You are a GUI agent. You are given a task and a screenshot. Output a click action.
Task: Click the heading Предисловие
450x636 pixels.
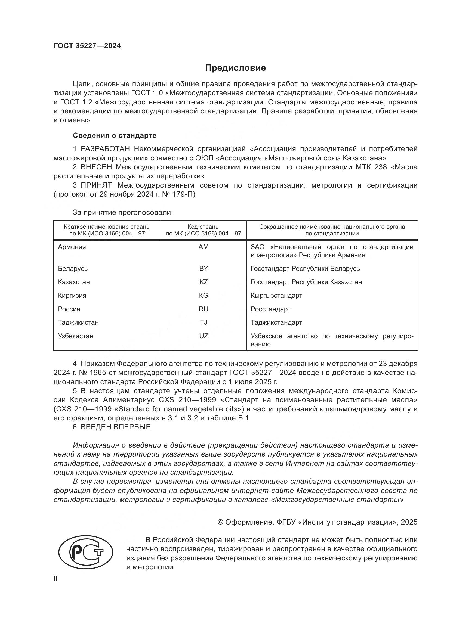click(x=235, y=68)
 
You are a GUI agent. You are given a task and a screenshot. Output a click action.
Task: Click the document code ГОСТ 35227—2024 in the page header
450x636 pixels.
click(x=87, y=46)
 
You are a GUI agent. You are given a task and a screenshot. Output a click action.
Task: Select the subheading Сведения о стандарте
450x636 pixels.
click(x=115, y=135)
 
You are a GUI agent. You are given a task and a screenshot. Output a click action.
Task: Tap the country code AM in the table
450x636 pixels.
click(x=204, y=247)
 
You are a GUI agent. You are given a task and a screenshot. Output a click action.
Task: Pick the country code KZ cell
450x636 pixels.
click(x=204, y=282)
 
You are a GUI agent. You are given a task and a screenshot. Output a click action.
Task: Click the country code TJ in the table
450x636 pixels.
click(x=204, y=322)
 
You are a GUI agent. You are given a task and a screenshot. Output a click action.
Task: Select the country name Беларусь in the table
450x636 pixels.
click(x=73, y=268)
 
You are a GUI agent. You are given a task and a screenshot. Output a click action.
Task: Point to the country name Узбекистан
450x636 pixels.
click(x=76, y=336)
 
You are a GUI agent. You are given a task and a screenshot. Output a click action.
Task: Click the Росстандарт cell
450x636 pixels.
click(x=270, y=309)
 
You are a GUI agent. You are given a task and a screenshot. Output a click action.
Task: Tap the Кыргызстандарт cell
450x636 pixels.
click(x=276, y=296)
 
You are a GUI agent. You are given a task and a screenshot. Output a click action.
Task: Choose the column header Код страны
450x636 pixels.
click(x=204, y=227)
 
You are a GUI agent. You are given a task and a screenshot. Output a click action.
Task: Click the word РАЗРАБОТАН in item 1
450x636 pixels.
click(x=105, y=149)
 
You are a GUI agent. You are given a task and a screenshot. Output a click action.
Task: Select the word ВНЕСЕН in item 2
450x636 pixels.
click(x=96, y=167)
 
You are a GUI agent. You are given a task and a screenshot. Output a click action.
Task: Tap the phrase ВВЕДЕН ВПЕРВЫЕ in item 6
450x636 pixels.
click(x=116, y=427)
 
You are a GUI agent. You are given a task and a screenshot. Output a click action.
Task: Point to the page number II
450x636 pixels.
click(x=56, y=578)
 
